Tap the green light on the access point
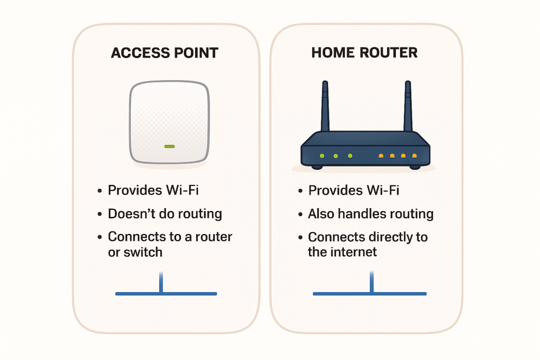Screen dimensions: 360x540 point(169,146)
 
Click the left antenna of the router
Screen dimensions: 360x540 point(325,105)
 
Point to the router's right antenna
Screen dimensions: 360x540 point(407,105)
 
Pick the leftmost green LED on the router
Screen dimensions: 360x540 point(321,155)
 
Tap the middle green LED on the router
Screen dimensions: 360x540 point(335,155)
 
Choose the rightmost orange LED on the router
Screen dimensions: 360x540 point(414,155)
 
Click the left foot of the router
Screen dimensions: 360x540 point(317,167)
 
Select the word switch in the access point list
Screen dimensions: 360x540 point(142,252)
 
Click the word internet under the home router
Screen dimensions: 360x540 point(353,252)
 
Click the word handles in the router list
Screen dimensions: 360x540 point(362,213)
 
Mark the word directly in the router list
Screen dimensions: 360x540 point(388,237)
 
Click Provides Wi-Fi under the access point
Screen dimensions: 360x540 point(153,190)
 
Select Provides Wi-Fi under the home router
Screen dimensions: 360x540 point(353,190)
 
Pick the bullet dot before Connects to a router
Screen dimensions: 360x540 point(100,238)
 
